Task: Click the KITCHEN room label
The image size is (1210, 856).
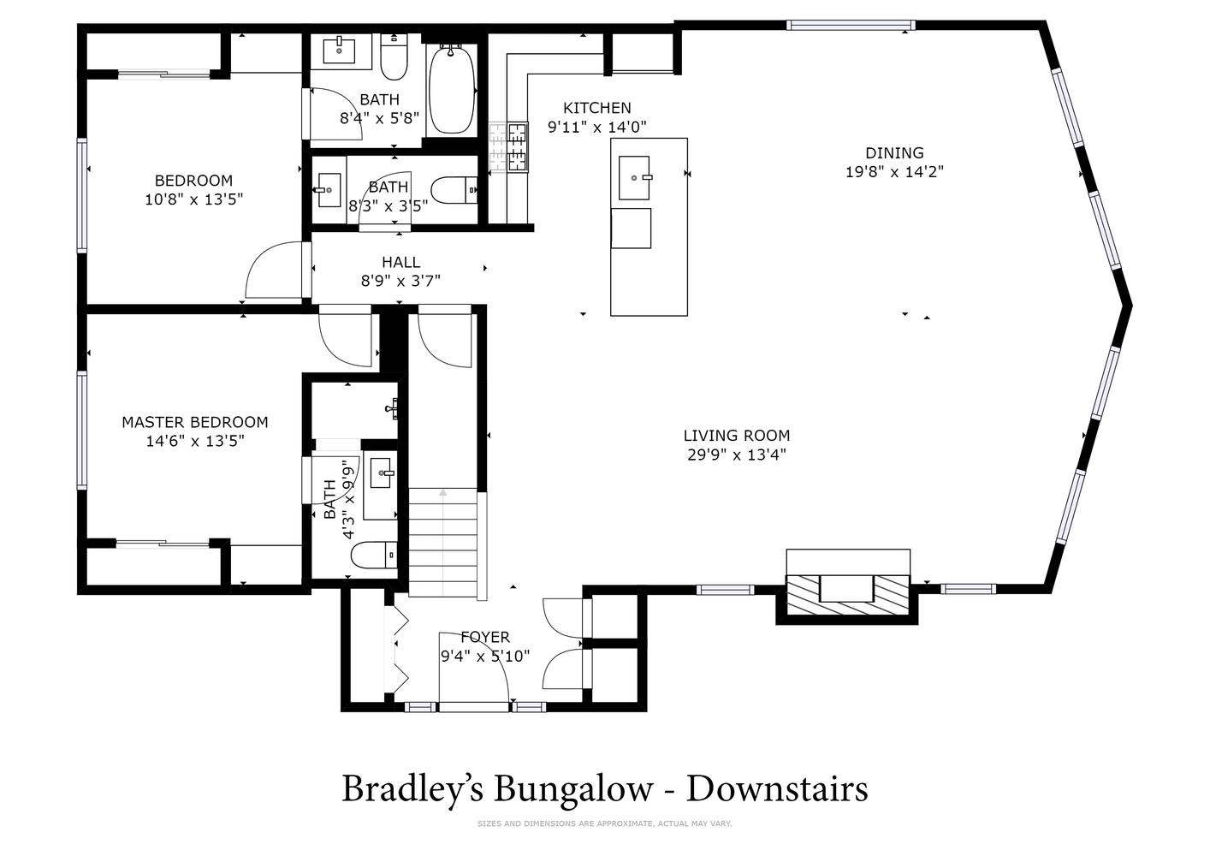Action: [x=597, y=108]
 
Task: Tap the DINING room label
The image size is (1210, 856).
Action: [x=894, y=153]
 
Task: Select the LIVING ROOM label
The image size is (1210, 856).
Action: [x=736, y=436]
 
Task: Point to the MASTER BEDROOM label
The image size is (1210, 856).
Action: [x=195, y=422]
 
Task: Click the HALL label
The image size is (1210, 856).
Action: [x=400, y=262]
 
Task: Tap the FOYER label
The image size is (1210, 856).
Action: [x=485, y=637]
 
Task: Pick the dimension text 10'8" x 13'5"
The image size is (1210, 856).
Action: [x=194, y=199]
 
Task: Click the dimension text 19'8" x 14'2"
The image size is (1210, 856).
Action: [x=894, y=172]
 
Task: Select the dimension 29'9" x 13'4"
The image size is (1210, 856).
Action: [x=736, y=455]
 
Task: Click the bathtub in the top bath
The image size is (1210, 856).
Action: [x=452, y=89]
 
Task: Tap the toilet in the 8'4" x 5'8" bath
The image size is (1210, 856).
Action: [x=394, y=56]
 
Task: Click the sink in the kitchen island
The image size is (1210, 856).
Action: [x=634, y=178]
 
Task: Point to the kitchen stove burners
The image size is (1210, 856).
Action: [x=509, y=147]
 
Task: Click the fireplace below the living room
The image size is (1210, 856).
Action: [x=847, y=594]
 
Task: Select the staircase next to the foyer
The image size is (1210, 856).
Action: [x=443, y=543]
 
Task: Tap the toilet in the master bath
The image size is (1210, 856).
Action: [x=374, y=555]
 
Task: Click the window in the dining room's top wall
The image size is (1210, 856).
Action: [x=851, y=25]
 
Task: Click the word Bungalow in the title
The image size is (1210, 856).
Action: [x=573, y=788]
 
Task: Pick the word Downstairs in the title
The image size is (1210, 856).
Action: [x=777, y=788]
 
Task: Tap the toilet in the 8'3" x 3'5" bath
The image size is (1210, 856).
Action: [x=454, y=190]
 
